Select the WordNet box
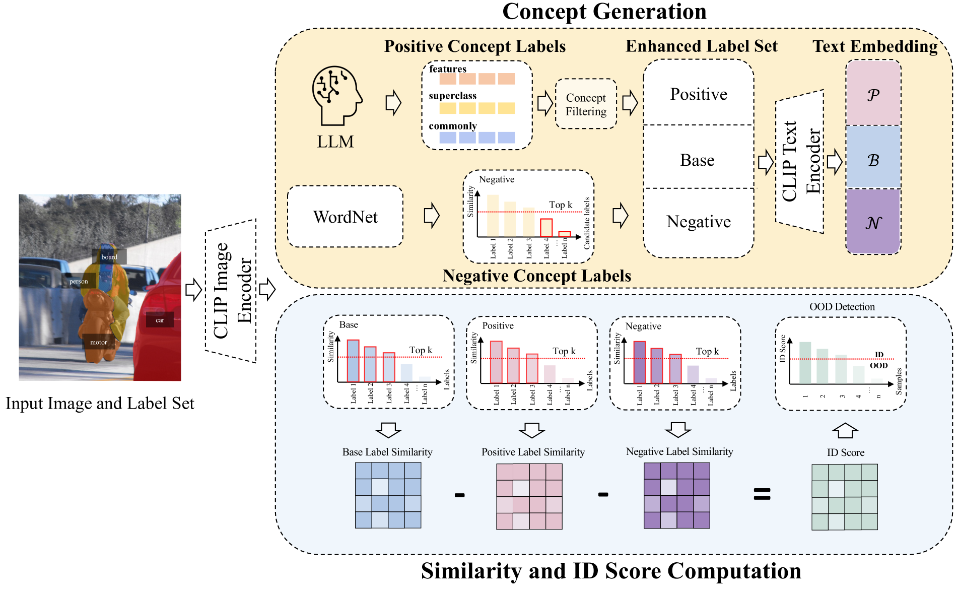345,217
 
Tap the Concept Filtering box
586,104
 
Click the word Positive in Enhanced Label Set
699,94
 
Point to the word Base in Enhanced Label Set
697,160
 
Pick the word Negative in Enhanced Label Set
699,222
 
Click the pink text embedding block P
873,94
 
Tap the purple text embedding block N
873,222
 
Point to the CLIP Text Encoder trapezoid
800,161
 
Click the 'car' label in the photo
160,320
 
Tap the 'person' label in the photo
79,281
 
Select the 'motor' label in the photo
98,342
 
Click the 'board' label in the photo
109,257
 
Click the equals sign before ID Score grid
762,494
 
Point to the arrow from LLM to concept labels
393,103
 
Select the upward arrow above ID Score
845,430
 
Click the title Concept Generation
604,12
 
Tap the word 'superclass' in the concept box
452,96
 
